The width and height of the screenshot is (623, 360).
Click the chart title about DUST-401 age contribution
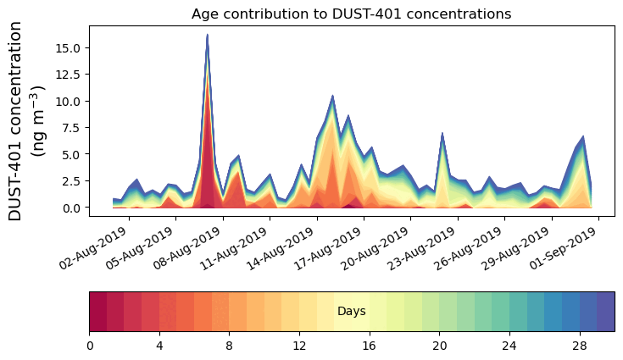pyautogui.click(x=351, y=14)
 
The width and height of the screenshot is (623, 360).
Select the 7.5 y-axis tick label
pyautogui.click(x=67, y=128)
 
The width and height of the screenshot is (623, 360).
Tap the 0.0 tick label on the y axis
pyautogui.click(x=67, y=208)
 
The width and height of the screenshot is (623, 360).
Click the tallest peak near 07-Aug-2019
pyautogui.click(x=208, y=36)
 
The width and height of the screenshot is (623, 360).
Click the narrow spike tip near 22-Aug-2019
pyautogui.click(x=442, y=134)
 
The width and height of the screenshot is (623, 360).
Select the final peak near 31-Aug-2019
pyautogui.click(x=583, y=136)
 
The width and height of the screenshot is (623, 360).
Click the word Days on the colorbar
pyautogui.click(x=351, y=312)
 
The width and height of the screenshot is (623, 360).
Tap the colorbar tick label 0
pyautogui.click(x=89, y=346)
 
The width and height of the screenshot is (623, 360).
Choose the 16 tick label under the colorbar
pyautogui.click(x=369, y=346)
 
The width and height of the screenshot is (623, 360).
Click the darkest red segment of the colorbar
pyautogui.click(x=97, y=312)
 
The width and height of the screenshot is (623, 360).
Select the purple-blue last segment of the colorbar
pyautogui.click(x=605, y=312)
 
